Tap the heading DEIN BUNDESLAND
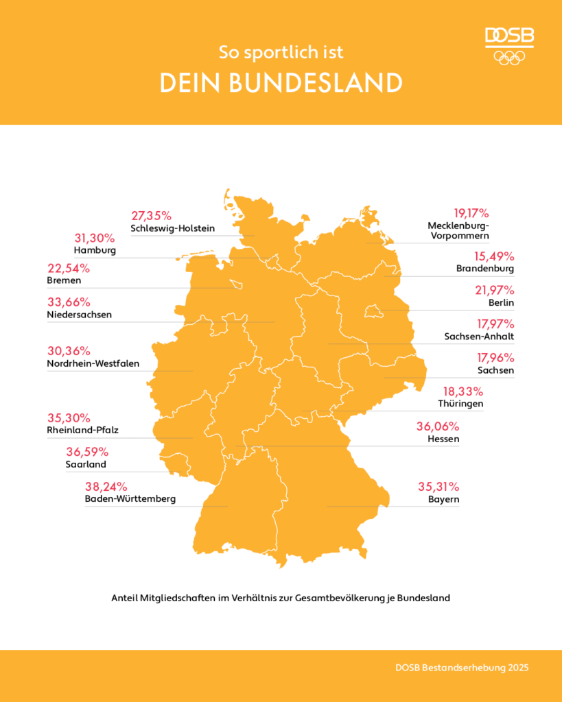(281, 83)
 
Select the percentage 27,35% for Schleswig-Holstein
(151, 215)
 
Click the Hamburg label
(95, 250)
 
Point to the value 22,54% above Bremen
(69, 268)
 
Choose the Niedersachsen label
(80, 315)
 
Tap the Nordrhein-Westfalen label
(93, 363)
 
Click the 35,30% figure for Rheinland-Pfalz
(69, 417)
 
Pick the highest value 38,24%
(106, 486)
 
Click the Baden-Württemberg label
(130, 498)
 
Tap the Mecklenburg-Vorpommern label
(458, 230)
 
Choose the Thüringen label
(460, 404)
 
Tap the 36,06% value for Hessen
(438, 426)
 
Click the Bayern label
(443, 500)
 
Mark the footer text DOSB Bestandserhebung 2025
(462, 667)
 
